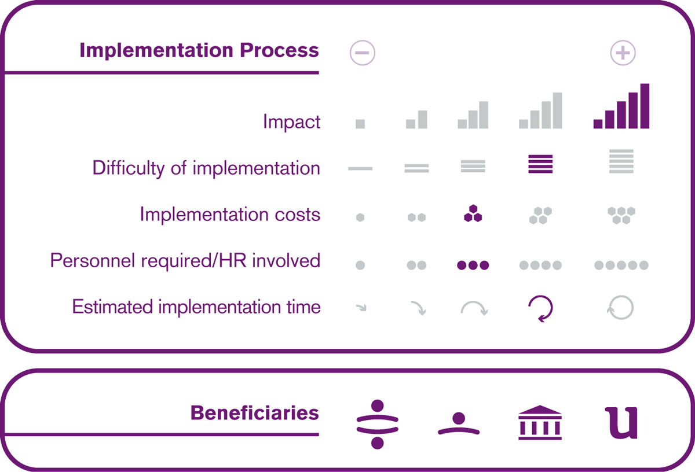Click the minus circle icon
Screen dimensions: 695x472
[x=362, y=53]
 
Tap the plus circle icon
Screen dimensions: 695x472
[x=623, y=53]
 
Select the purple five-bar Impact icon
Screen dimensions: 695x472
[x=621, y=106]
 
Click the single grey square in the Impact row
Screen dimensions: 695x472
[x=360, y=124]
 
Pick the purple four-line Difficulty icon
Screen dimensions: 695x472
[x=540, y=164]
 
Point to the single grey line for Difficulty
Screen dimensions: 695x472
[x=360, y=168]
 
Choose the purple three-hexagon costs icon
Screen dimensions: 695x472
[x=473, y=213]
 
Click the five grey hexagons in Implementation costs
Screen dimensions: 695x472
[x=621, y=215]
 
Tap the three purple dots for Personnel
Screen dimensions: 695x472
[x=473, y=265]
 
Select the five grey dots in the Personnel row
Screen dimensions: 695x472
[x=621, y=265]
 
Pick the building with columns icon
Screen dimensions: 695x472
[x=540, y=422]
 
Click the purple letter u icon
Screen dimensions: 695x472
[x=621, y=423]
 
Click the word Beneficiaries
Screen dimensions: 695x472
[x=254, y=413]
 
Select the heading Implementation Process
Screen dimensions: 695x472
[x=199, y=50]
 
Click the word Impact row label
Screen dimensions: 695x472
[x=291, y=121]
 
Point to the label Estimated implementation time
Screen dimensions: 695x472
[x=196, y=307]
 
